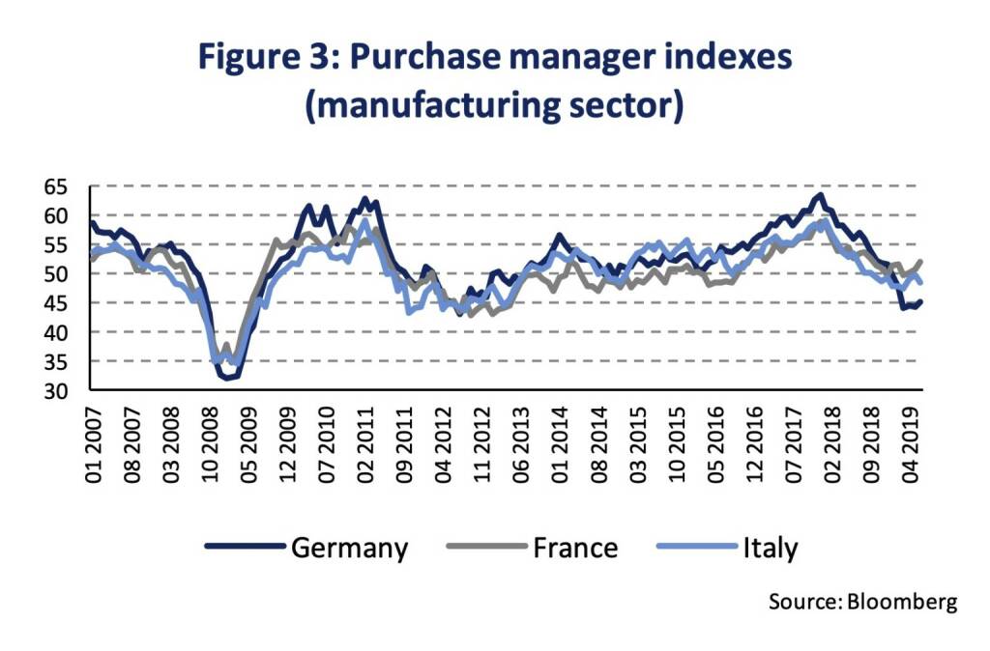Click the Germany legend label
[349, 549]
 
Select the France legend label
[574, 549]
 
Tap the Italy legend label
[771, 549]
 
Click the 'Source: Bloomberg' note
[862, 602]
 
